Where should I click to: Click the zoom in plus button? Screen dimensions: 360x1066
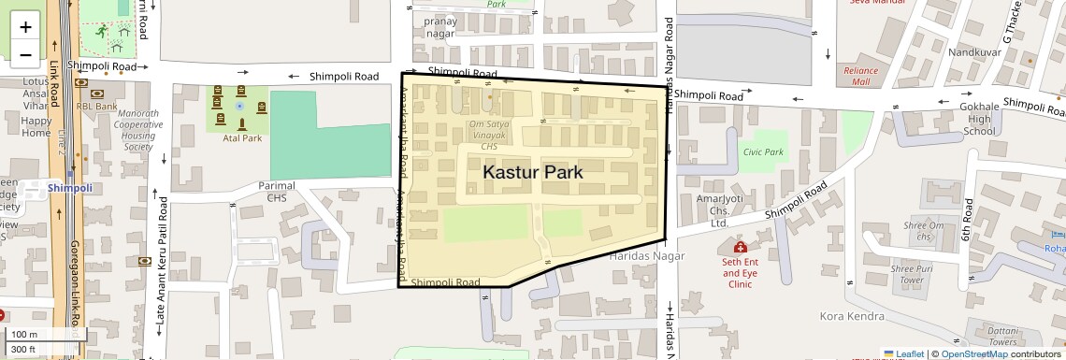click(x=25, y=26)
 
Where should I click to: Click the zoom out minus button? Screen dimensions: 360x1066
click(x=25, y=54)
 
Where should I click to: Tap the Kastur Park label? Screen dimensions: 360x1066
click(x=532, y=172)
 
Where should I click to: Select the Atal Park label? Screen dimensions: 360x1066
click(x=241, y=138)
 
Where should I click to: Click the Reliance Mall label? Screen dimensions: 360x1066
click(x=860, y=76)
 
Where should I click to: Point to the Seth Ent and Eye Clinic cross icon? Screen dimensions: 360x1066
click(x=740, y=247)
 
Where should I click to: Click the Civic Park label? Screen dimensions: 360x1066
click(x=762, y=151)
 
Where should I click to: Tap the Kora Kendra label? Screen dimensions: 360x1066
click(x=851, y=317)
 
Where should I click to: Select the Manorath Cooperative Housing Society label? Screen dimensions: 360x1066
click(x=137, y=130)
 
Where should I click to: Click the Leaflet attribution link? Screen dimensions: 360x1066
click(x=904, y=353)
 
